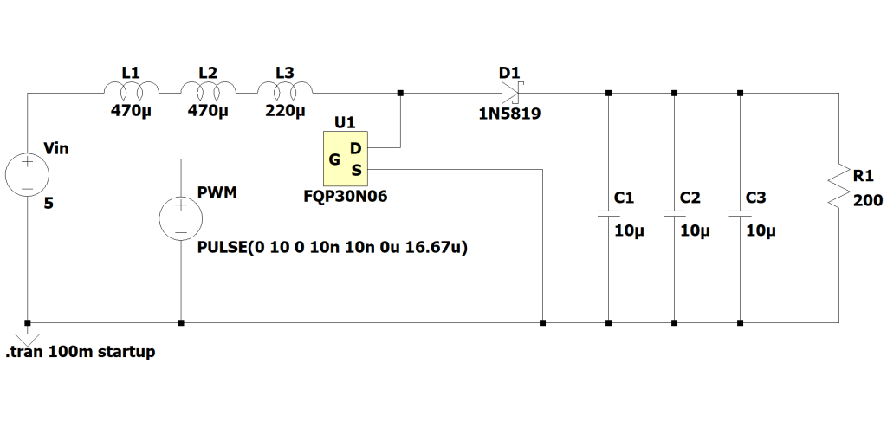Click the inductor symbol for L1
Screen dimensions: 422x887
[131, 89]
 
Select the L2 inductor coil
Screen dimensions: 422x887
[208, 89]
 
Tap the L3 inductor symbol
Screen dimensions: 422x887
[284, 89]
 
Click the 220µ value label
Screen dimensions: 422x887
[285, 111]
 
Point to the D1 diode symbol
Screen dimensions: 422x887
[511, 93]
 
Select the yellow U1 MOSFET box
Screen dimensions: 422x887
[346, 159]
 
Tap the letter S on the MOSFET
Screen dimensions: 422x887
[356, 169]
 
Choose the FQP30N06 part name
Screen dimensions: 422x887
[340, 196]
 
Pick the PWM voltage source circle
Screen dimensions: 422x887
[180, 217]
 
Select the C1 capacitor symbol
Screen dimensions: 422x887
[609, 212]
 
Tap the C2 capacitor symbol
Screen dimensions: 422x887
[675, 212]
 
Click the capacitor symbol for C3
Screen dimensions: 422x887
[741, 212]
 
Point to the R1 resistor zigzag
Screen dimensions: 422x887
[838, 185]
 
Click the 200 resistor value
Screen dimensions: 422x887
[867, 201]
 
